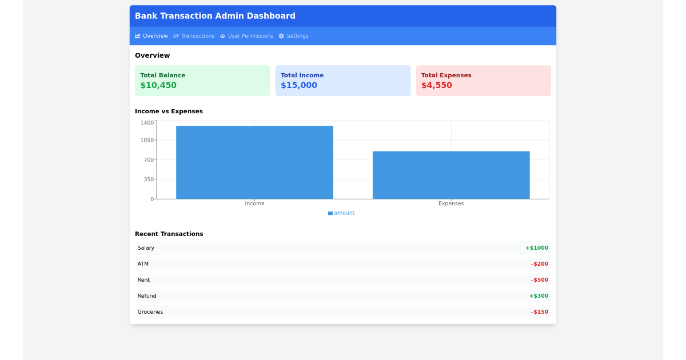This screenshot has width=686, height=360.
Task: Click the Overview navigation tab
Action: tap(151, 36)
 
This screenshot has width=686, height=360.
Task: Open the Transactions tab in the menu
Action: tap(194, 36)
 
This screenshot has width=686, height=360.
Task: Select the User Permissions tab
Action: tap(246, 36)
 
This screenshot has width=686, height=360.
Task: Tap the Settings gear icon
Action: tap(281, 36)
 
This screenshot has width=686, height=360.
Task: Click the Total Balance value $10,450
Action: tap(158, 85)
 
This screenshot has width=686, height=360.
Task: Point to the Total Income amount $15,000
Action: tap(299, 85)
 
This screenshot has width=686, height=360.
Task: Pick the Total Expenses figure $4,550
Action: tap(437, 85)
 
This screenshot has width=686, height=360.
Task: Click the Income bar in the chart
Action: tap(254, 162)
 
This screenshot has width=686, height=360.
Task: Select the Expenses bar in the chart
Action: tap(451, 175)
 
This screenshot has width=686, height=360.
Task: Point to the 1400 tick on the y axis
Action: tap(147, 123)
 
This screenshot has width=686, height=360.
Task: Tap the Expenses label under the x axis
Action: tap(451, 203)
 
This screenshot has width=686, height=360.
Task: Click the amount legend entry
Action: tap(341, 213)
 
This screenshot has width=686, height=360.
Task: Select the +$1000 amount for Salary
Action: tap(537, 248)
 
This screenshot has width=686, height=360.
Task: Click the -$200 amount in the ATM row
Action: tap(540, 264)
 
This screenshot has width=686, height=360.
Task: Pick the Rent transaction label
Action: tap(143, 280)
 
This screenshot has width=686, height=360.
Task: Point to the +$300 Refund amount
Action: tap(539, 296)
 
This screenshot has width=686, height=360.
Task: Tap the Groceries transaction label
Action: tap(150, 312)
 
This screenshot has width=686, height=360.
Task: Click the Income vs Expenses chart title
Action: tap(169, 111)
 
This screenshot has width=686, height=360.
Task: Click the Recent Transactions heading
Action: tap(169, 234)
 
